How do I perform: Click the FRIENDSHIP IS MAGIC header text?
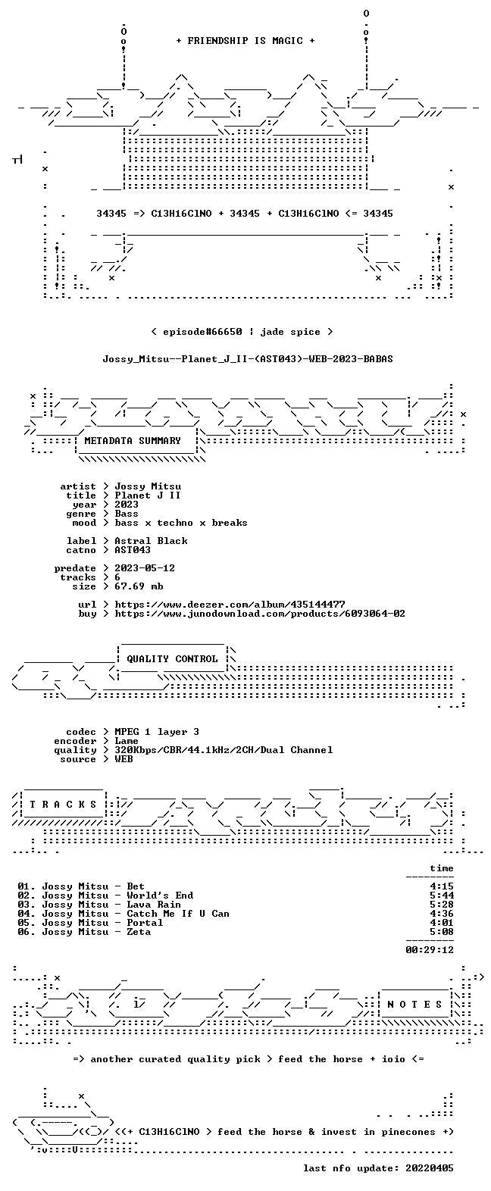coord(245,41)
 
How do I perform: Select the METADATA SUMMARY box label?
coord(133,441)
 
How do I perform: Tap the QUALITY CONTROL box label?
coord(172,659)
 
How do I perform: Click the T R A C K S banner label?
coord(63,805)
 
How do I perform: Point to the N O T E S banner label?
coord(414,1005)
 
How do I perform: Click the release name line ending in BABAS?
coord(248,359)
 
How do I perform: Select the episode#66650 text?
coord(202,333)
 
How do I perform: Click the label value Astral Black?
coord(151,541)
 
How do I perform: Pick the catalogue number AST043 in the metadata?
coord(133,550)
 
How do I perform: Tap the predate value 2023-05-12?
coord(145,568)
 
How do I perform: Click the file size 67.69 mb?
coord(139,586)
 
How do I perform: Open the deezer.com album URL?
coord(230,605)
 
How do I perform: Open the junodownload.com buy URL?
coord(260,614)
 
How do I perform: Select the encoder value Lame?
coord(127,741)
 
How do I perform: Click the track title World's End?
coord(160,896)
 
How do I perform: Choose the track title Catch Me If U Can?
coord(178,914)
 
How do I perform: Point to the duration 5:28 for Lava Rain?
coord(442,905)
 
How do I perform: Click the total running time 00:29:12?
coord(430,949)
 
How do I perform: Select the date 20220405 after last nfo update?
coord(430,1168)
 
